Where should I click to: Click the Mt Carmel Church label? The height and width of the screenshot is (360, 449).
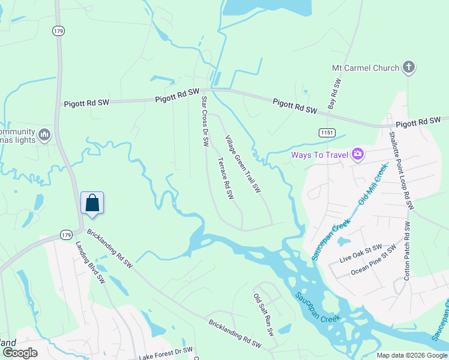(365, 68)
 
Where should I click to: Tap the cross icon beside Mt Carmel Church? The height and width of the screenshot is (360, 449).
(409, 67)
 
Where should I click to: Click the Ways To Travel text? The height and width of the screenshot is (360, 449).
(320, 155)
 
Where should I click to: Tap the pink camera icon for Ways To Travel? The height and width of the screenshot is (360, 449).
(358, 155)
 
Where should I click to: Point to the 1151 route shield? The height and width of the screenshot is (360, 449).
(328, 132)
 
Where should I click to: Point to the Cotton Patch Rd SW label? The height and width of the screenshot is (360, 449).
(407, 250)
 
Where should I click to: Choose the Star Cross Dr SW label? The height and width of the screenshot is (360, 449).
(204, 121)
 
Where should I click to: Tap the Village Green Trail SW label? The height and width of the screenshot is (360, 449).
(243, 164)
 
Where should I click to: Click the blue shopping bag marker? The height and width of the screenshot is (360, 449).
(92, 203)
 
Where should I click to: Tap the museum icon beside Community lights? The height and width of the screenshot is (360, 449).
(44, 136)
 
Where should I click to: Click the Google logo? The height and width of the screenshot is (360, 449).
(20, 353)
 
